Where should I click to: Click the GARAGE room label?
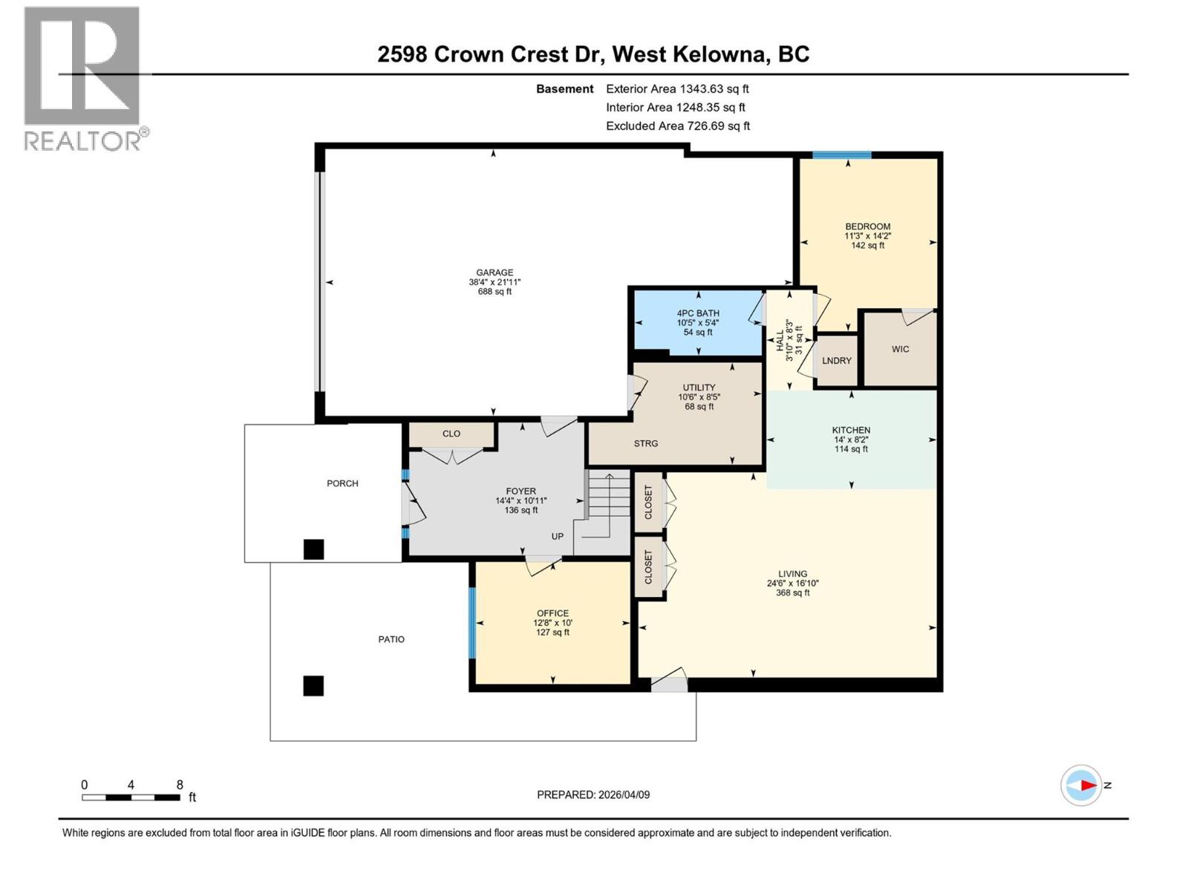[495, 272]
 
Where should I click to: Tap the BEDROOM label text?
[867, 226]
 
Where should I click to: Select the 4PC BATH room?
[697, 322]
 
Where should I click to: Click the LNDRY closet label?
[837, 361]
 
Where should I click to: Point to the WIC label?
[900, 349]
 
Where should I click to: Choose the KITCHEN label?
[851, 430]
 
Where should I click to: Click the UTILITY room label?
[699, 388]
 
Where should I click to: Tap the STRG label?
[646, 443]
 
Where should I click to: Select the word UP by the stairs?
[558, 536]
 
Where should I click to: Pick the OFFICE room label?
[552, 613]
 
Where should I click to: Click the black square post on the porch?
[313, 549]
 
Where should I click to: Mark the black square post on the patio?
[313, 685]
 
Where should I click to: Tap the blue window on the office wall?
[471, 623]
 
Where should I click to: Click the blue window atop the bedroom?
[841, 155]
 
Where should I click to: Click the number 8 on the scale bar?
[180, 784]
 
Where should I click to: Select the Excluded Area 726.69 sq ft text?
[677, 126]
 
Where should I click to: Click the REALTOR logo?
[83, 78]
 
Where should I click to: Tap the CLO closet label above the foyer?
[451, 434]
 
